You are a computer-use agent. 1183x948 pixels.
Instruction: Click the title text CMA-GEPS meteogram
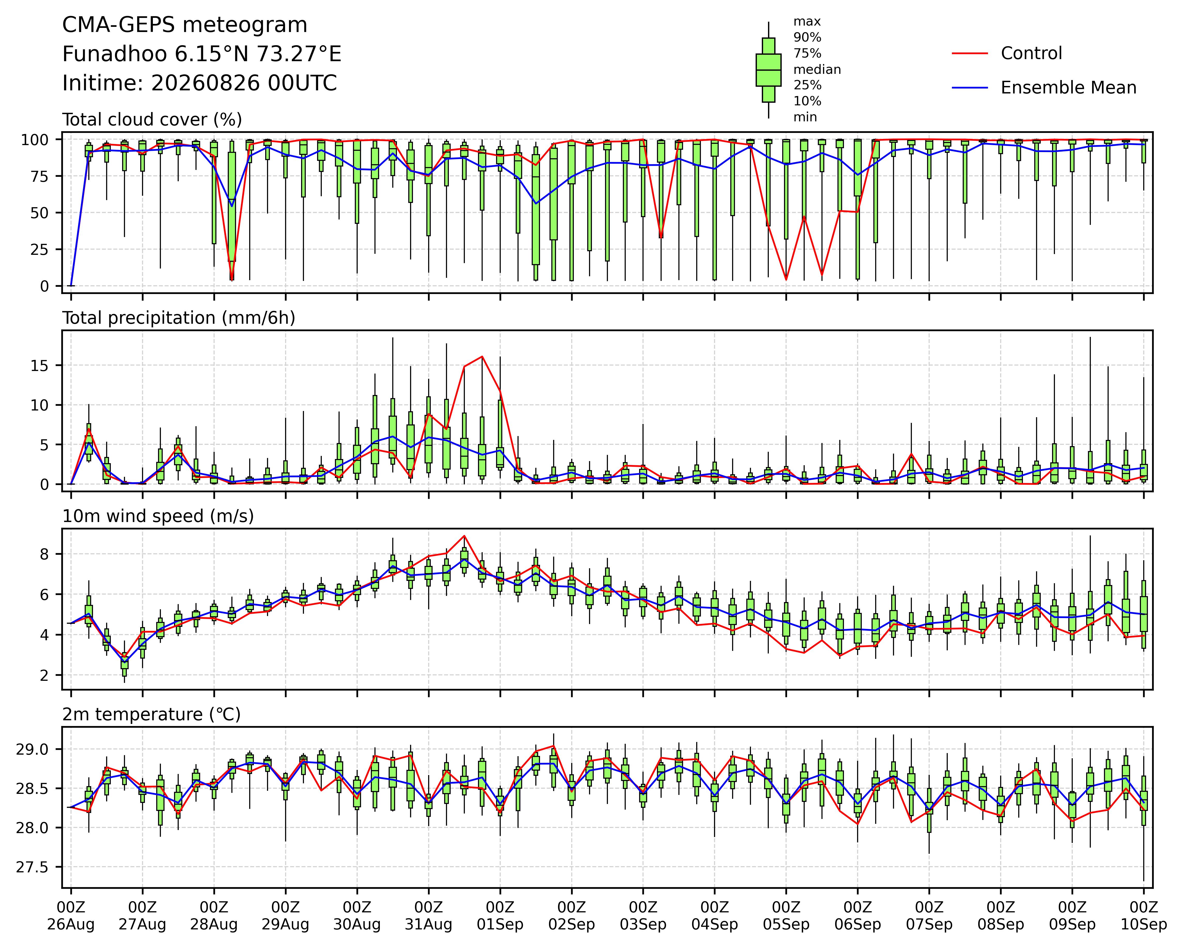point(185,25)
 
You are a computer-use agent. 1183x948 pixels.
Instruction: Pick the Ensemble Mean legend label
point(1068,88)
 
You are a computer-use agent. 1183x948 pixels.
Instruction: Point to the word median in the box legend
point(817,70)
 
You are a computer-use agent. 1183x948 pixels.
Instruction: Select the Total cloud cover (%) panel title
point(152,120)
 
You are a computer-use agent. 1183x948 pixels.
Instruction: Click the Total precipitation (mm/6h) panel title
point(179,318)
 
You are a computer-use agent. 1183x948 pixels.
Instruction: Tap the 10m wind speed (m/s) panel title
point(158,516)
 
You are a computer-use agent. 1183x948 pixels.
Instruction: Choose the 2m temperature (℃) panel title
point(151,714)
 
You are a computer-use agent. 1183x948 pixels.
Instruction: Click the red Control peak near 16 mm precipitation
point(482,357)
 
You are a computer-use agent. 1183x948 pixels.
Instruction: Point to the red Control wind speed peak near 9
point(464,535)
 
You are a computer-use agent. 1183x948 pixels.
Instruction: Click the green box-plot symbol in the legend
point(768,70)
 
